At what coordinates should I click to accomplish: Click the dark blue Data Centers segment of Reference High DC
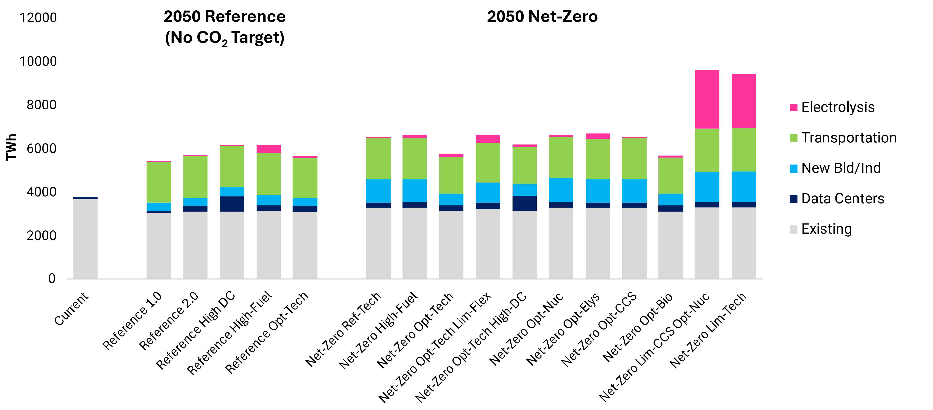[232, 204]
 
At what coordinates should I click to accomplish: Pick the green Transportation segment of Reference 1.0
[159, 182]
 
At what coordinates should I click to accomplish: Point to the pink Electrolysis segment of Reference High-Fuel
[268, 149]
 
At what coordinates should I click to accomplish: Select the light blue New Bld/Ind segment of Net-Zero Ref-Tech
[378, 191]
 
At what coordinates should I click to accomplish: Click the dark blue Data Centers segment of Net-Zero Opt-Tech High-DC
[524, 203]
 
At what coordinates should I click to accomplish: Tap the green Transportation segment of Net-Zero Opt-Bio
[670, 176]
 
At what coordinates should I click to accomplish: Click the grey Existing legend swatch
[793, 229]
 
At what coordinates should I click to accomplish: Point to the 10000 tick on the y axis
[38, 61]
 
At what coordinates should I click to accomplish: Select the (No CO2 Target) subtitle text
[225, 38]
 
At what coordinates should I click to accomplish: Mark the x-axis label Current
[71, 309]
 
